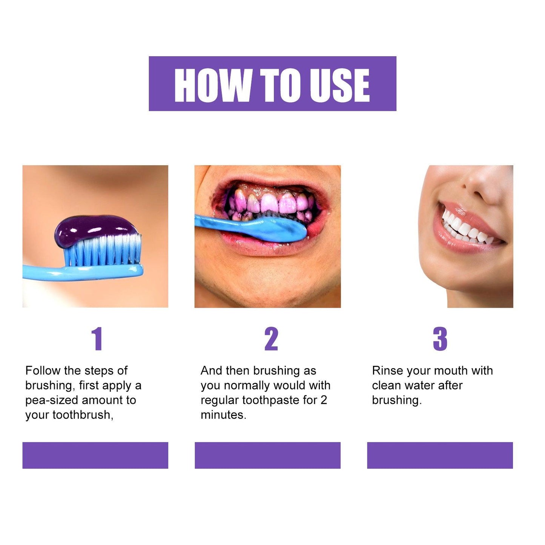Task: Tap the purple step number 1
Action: (x=97, y=339)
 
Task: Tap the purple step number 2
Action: (x=271, y=339)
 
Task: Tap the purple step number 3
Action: (x=440, y=339)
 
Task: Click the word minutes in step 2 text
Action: (x=223, y=415)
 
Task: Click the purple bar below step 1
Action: (x=95, y=455)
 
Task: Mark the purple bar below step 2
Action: (x=267, y=455)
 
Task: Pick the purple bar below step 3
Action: (x=440, y=455)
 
